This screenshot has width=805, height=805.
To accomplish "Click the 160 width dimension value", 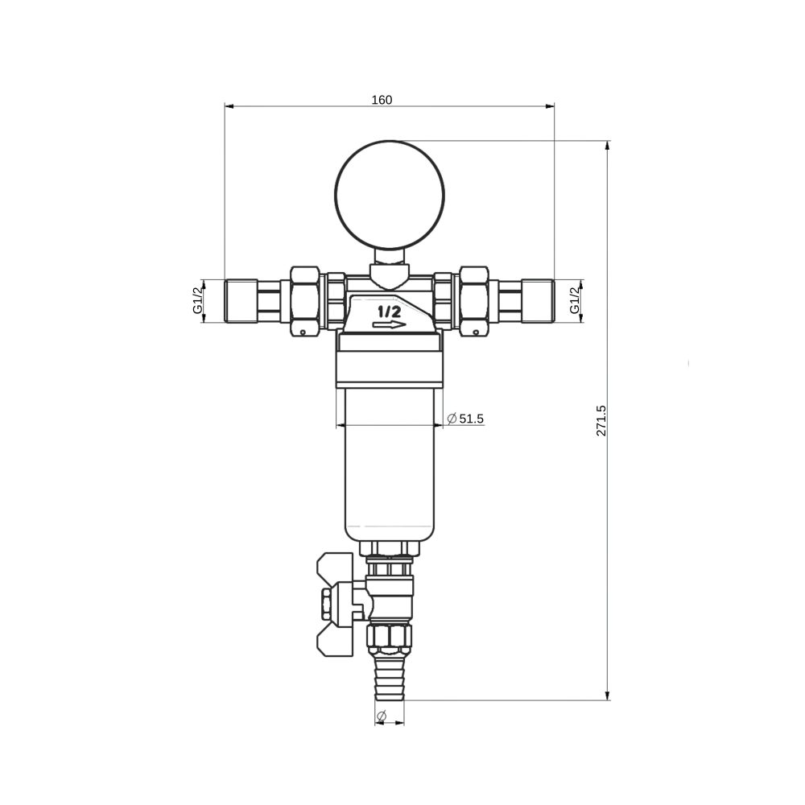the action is [382, 100].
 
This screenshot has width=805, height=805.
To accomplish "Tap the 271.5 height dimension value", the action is [601, 420].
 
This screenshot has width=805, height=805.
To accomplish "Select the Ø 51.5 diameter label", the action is [465, 419].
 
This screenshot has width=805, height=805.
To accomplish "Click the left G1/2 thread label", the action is [198, 300].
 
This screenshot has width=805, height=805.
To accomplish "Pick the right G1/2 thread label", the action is [575, 300].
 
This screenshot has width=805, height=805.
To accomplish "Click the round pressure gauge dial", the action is [390, 195].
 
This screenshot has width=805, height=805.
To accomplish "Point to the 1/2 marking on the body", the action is [389, 311].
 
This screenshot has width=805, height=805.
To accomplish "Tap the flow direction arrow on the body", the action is [389, 324].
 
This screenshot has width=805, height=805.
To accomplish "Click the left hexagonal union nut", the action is [305, 301].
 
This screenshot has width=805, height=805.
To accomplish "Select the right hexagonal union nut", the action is [474, 301].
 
